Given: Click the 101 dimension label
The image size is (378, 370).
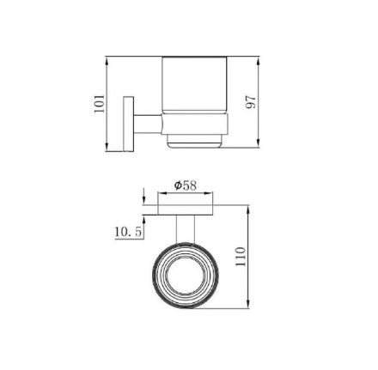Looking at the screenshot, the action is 100,103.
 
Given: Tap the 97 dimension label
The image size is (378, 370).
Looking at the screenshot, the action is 251,102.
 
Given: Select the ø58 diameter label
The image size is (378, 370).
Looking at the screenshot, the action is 186,185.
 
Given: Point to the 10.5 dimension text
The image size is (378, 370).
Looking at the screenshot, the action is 129,232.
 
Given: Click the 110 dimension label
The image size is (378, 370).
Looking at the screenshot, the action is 241,257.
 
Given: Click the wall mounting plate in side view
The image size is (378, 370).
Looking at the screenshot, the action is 129,124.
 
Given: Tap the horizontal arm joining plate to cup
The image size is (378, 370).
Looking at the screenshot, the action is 148,124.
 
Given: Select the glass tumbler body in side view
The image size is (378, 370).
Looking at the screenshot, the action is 195,85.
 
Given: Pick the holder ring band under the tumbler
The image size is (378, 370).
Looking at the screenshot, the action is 195,124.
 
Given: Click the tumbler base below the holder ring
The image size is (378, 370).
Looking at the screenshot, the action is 195,141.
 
